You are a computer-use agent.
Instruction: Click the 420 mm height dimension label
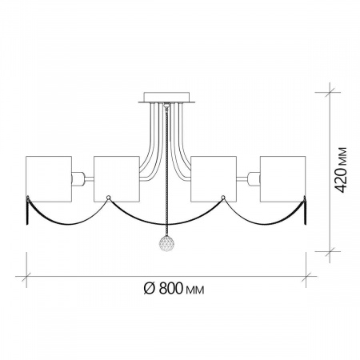[341, 170]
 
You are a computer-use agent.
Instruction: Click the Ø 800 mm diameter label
[174, 288]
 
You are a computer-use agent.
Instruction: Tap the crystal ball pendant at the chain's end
[166, 243]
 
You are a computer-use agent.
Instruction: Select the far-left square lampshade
[49, 179]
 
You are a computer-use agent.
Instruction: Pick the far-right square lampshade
[282, 179]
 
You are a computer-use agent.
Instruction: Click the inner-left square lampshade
[117, 179]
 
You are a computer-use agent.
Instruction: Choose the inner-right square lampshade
[214, 179]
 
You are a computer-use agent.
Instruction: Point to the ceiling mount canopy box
[166, 96]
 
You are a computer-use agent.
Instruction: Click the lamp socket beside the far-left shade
[78, 179]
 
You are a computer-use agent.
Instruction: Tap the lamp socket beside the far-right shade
[254, 179]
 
